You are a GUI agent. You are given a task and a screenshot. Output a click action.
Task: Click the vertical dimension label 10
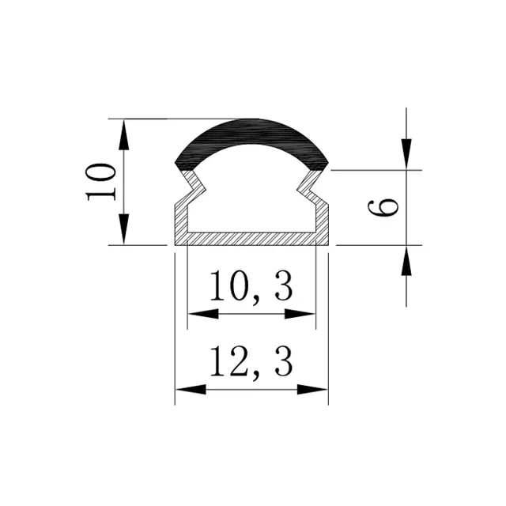[102, 182]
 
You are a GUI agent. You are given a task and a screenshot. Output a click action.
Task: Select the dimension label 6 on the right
[383, 207]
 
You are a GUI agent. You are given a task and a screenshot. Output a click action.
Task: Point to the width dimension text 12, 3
[251, 361]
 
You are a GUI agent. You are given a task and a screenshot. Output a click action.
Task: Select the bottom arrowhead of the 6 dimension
[406, 261]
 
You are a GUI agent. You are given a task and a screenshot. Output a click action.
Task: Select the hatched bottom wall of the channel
[251, 238]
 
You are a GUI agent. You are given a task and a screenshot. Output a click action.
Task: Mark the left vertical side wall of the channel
[179, 221]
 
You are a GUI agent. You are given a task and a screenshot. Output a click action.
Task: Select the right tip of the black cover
[324, 164]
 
